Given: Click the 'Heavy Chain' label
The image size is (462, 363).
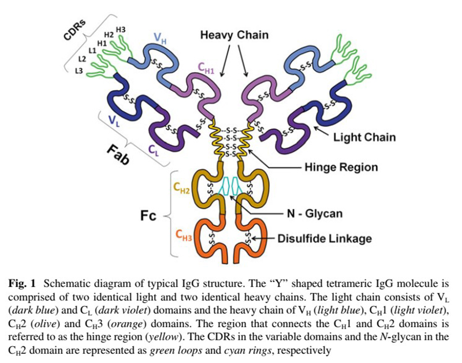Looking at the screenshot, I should [234, 35].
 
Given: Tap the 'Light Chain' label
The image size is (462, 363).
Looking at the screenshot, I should [364, 137].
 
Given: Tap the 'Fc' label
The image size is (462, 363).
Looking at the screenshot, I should [148, 215].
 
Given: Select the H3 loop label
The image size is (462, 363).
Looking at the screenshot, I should [121, 29].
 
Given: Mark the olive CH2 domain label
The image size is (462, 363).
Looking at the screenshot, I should [182, 188].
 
